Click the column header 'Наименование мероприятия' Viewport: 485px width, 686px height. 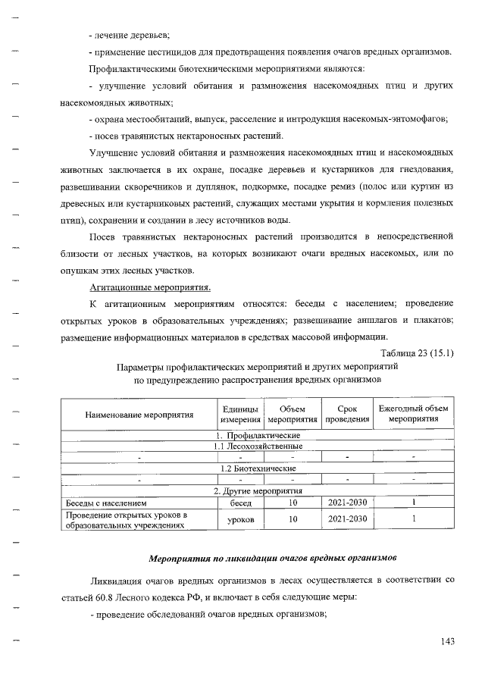click(x=139, y=415)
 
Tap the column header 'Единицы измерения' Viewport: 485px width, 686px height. click(x=240, y=415)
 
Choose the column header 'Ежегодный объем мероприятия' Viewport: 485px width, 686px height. click(x=414, y=415)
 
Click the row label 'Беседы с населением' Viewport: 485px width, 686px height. click(x=102, y=502)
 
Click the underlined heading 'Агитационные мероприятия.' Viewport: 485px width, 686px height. click(x=150, y=287)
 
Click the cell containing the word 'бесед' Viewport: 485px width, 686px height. click(x=240, y=502)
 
